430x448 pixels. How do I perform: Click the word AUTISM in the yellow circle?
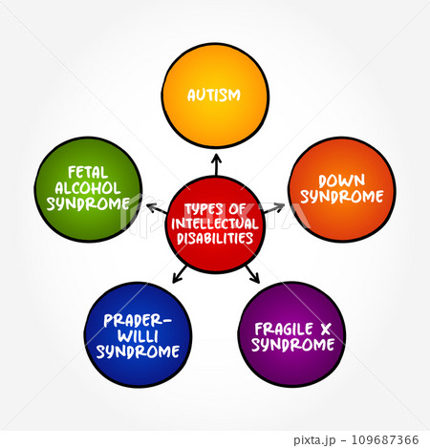point(214,96)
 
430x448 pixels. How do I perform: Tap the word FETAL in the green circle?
point(88,173)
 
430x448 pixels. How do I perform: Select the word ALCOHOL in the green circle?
point(88,188)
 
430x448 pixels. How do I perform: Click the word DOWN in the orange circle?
point(342,181)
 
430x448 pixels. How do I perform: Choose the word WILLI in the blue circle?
point(138,336)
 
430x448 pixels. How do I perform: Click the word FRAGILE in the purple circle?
point(284,329)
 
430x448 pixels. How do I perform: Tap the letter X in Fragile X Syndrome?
point(326,330)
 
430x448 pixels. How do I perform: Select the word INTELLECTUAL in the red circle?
point(215,224)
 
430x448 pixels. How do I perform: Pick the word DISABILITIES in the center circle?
point(215,238)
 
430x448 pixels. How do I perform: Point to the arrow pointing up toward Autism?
point(217,165)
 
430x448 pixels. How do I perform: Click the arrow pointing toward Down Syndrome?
point(273,208)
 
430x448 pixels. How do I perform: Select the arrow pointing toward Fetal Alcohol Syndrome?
point(157,208)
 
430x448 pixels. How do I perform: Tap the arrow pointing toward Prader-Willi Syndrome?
point(180,274)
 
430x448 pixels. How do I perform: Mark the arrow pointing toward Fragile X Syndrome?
point(252,274)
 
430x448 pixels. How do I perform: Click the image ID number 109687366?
point(385,439)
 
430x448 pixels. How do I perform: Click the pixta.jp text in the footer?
point(314,440)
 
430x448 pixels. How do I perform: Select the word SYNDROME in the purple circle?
point(292,345)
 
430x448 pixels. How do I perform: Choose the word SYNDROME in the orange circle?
point(342,197)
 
